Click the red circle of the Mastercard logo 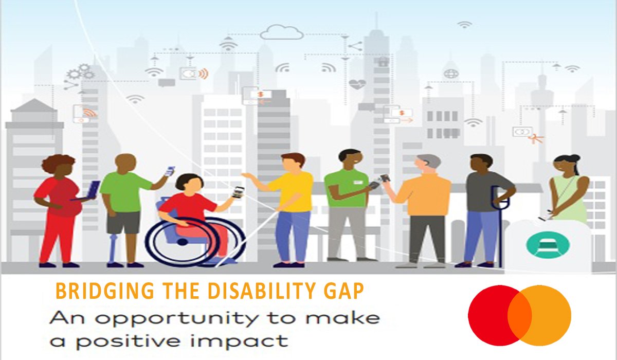[x=488, y=314]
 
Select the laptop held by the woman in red [x=93, y=190]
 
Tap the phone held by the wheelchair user [x=237, y=192]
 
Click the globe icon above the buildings [x=451, y=74]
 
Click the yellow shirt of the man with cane [x=291, y=191]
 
